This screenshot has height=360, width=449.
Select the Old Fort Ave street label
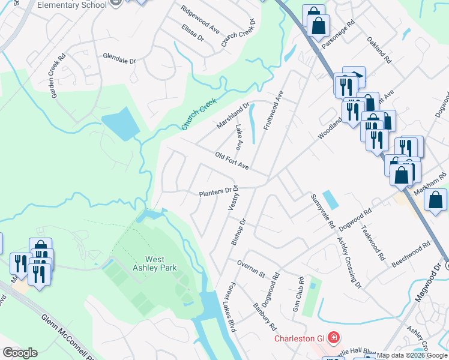(x=232, y=160)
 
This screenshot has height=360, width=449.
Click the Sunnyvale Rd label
(x=322, y=211)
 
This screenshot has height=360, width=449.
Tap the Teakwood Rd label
(x=373, y=242)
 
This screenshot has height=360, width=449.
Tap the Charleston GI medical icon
(x=333, y=338)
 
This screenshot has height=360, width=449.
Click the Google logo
(x=20, y=353)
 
